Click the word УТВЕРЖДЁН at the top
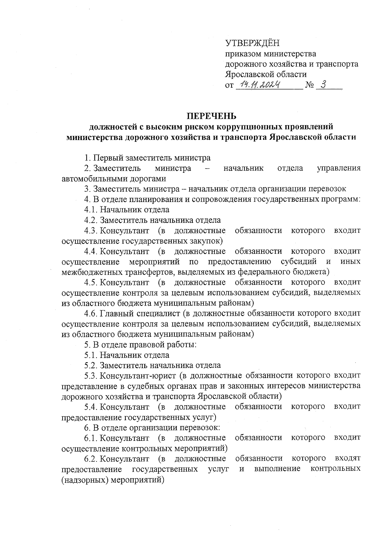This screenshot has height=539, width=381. click(252, 43)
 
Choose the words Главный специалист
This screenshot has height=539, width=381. click(140, 313)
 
